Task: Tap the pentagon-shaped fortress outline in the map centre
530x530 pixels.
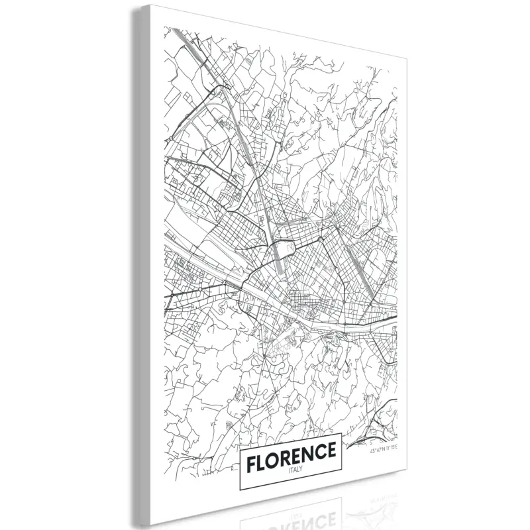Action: click(287, 249)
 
